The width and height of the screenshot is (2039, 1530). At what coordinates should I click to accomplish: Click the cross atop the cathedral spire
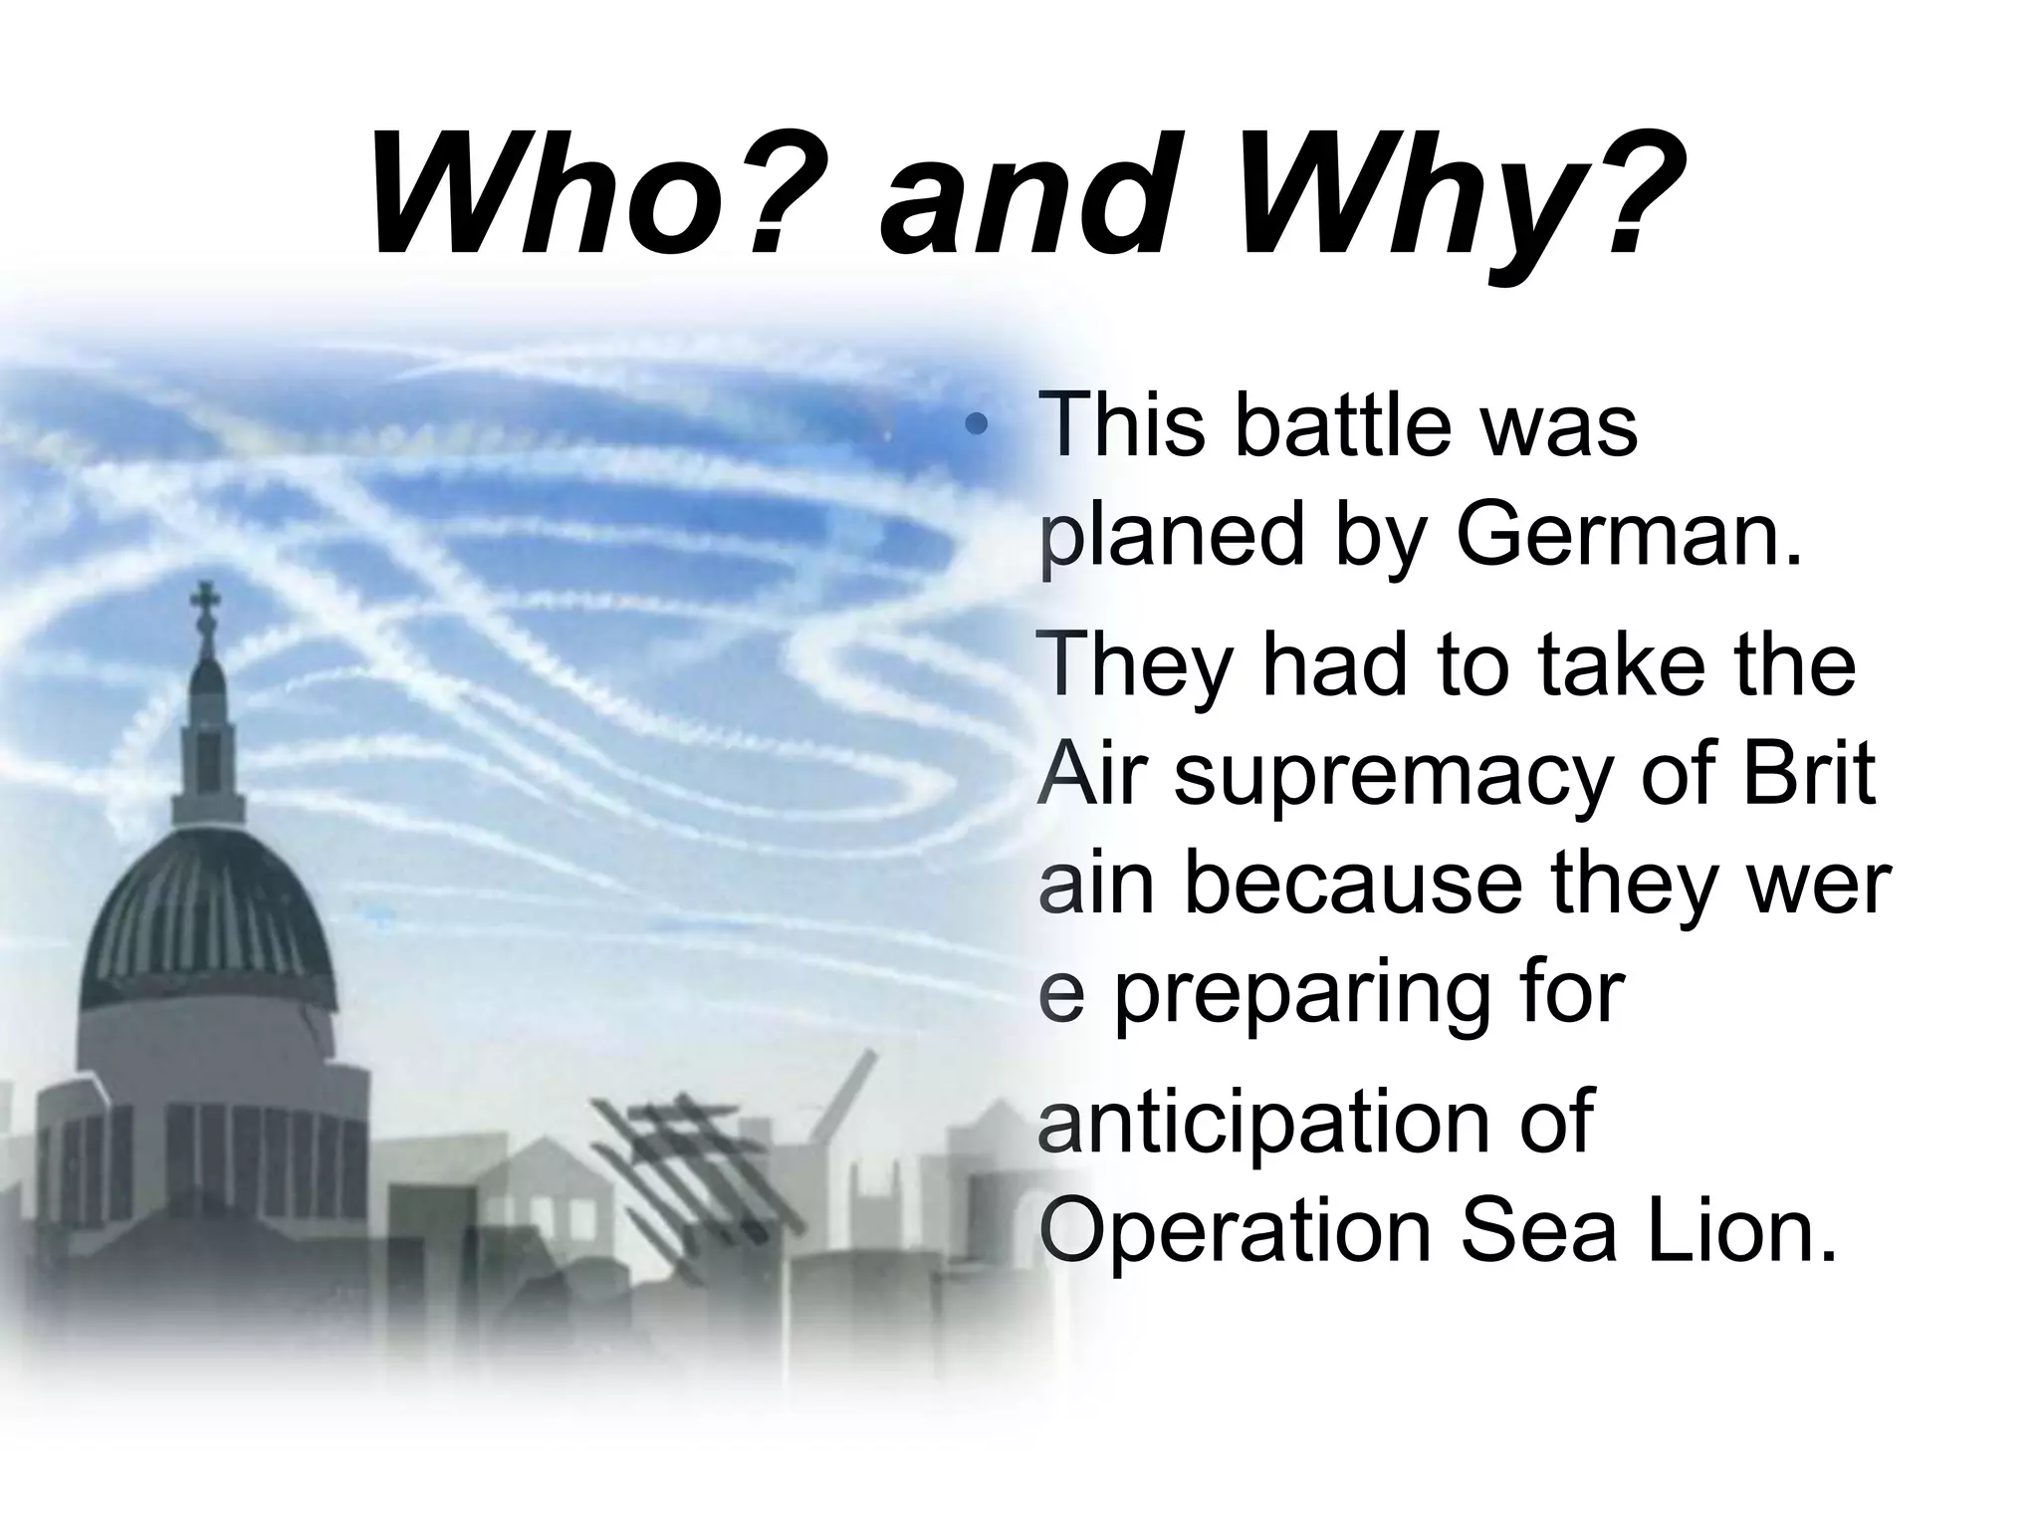pos(208,602)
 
